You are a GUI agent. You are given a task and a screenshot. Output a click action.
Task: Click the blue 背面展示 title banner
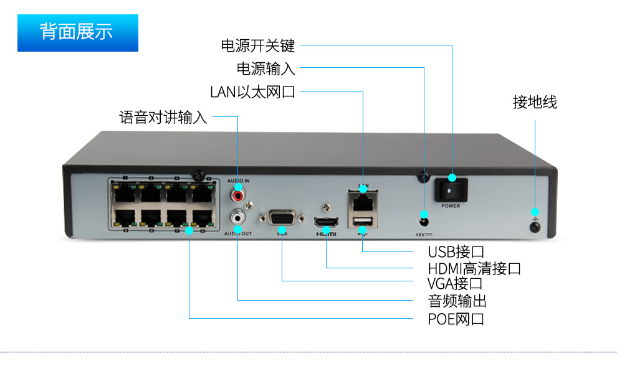[x=77, y=33]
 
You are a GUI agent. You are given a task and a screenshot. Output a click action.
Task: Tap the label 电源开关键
[x=257, y=45]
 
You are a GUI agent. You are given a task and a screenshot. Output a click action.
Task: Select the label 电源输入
[x=265, y=68]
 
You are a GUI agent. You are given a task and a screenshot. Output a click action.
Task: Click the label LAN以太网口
[x=252, y=93]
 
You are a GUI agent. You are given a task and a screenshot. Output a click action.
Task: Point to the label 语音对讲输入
[x=163, y=117]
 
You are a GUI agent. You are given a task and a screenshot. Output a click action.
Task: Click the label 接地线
[x=535, y=103]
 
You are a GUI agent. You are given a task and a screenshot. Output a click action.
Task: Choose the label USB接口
[x=456, y=252]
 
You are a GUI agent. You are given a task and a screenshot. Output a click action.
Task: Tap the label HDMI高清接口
[x=474, y=268]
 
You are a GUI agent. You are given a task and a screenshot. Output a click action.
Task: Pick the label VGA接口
[x=455, y=284]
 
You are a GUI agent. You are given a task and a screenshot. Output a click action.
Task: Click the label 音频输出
[x=457, y=301]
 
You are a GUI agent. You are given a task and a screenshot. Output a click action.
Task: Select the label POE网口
[x=456, y=319]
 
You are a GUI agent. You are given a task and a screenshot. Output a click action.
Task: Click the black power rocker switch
[x=451, y=188]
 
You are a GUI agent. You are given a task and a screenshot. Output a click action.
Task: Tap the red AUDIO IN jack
[x=237, y=194]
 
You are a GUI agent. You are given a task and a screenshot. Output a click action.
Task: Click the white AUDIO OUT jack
[x=237, y=217]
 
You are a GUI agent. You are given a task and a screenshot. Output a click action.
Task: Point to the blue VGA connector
[x=282, y=219]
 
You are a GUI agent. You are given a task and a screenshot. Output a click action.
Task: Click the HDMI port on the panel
[x=325, y=222]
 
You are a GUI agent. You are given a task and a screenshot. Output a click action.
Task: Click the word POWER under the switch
[x=451, y=205]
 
